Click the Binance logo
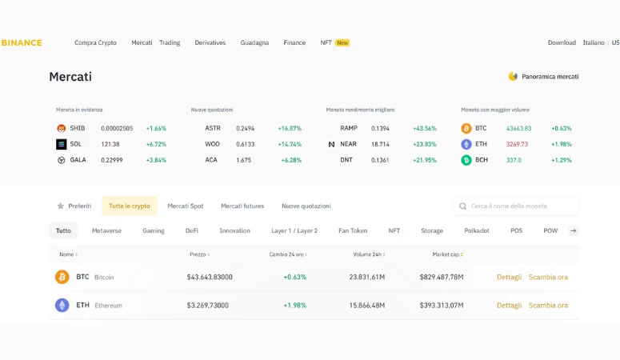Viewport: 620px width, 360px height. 22,42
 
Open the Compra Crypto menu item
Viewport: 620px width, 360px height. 95,42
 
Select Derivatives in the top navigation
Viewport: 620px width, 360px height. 210,42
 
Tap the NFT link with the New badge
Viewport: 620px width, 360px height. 326,42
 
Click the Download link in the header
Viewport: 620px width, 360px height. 562,42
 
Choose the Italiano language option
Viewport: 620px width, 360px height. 593,42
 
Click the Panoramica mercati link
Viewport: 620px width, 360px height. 550,77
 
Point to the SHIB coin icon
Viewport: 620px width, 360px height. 61,128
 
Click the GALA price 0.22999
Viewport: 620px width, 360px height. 112,160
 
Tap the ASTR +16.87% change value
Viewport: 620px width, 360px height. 290,128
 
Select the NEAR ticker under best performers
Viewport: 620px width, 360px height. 348,144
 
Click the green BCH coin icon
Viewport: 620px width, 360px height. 466,160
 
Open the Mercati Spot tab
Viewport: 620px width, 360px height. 185,206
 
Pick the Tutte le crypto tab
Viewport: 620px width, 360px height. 130,206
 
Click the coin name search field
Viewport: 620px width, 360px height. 520,206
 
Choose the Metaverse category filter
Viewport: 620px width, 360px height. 106,230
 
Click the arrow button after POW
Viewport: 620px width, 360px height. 574,230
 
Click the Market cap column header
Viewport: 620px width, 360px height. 447,254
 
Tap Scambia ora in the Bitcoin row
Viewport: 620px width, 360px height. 548,277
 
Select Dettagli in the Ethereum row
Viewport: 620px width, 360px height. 509,305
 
